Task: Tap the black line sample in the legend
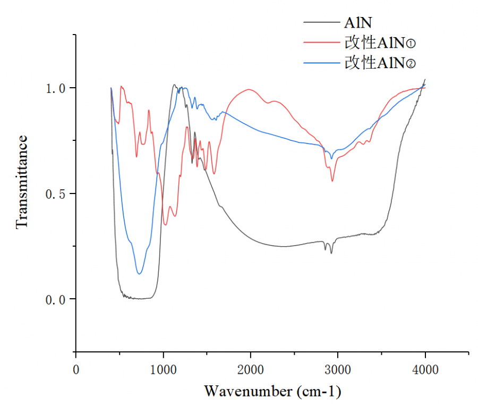tap(322, 23)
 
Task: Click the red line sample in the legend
tap(322, 43)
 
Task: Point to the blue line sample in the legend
tap(322, 63)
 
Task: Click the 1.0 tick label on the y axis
tap(55, 88)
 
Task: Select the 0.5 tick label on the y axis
tap(55, 193)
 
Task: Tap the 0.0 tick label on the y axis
tap(55, 299)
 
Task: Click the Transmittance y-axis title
tap(22, 182)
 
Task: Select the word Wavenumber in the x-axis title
tap(247, 392)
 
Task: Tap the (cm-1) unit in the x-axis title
tap(317, 392)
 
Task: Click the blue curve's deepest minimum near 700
tap(139, 274)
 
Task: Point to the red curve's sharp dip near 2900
tap(332, 181)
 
